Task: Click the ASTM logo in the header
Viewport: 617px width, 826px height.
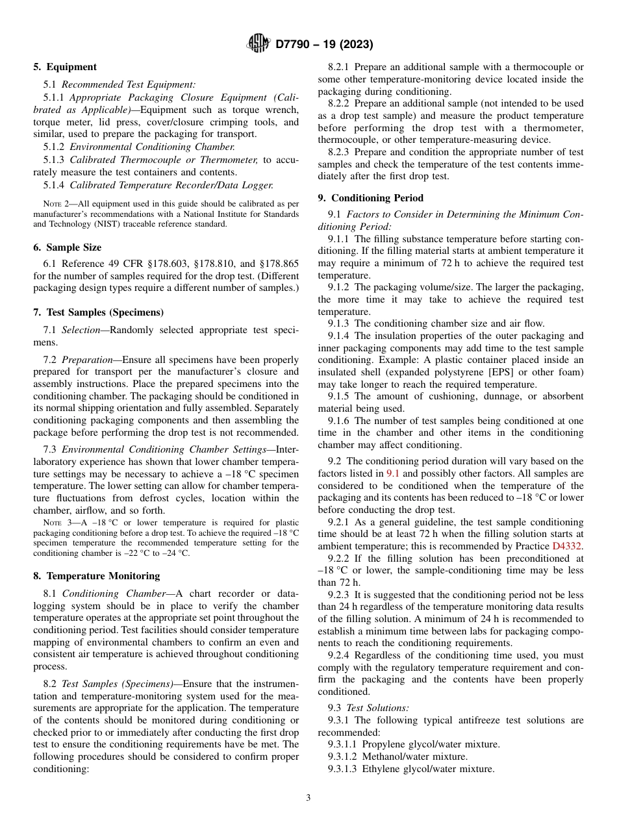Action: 259,44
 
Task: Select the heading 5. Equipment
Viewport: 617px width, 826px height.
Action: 64,67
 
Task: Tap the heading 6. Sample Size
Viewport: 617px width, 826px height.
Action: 67,247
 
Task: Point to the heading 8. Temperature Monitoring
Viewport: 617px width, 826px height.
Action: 96,576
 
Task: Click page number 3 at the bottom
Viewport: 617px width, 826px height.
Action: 308,797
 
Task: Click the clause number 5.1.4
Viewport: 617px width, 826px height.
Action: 55,185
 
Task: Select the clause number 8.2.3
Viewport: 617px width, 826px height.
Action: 339,152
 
